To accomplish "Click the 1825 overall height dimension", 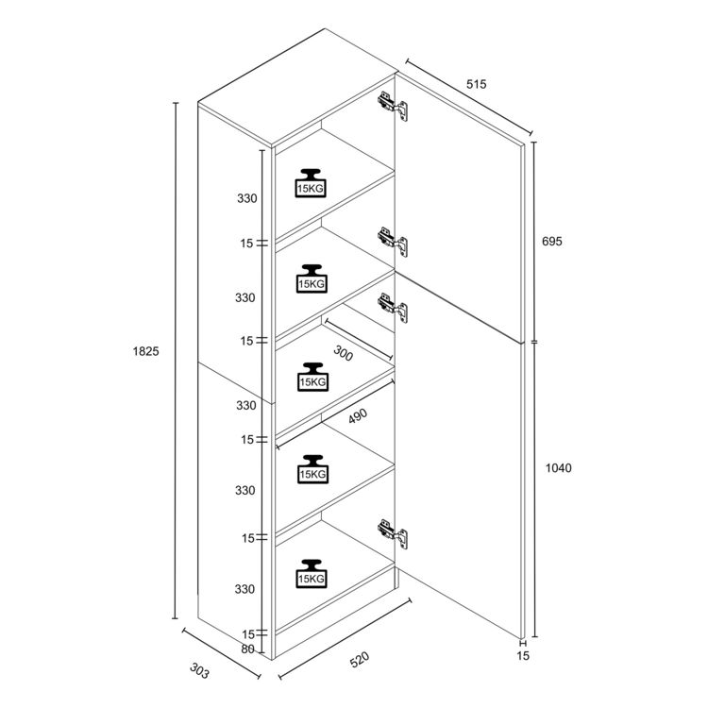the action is pos(145,351).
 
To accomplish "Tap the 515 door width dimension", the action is pos(477,84).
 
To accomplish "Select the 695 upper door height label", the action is pos(552,241).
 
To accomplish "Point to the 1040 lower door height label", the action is pos(559,468).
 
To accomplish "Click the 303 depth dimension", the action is pos(199,671).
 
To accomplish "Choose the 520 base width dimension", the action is pos(360,660).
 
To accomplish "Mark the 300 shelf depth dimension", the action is pos(344,353).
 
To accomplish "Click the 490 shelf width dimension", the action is pos(358,416).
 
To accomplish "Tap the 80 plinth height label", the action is pos(247,649).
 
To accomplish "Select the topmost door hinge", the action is pos(393,107).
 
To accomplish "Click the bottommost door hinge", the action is pos(393,534).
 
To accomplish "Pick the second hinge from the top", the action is pos(393,242).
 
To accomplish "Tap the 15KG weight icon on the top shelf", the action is pos(311,183).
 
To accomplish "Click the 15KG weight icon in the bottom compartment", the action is pos(312,574).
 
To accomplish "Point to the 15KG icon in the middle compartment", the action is pos(312,377).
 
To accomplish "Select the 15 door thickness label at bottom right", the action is pos(523,656).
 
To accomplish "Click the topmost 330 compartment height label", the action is pos(247,198).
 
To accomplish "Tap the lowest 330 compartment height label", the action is pos(244,589).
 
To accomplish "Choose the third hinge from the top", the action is pos(393,309).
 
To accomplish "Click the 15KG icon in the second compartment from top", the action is pos(312,279).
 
